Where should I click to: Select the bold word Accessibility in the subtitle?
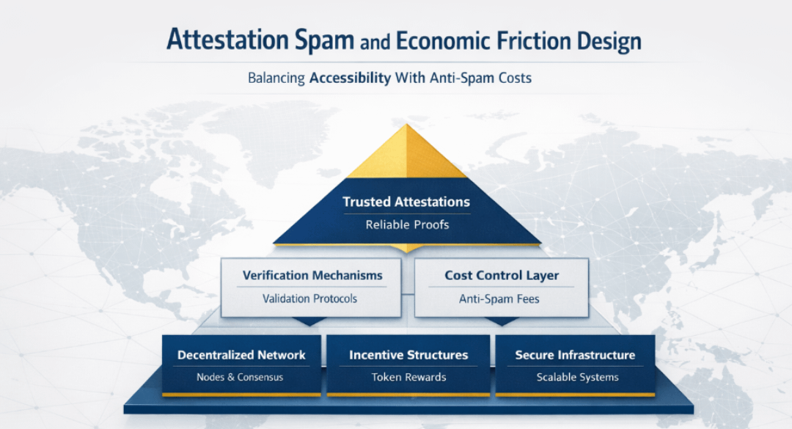click(x=350, y=78)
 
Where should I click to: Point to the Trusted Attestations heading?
click(x=406, y=201)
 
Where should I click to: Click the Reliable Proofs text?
click(x=407, y=224)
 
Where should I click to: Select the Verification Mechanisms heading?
click(x=312, y=276)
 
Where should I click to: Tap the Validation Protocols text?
click(x=309, y=298)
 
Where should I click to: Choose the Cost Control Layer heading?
click(x=502, y=276)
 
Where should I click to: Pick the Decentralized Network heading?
click(x=241, y=355)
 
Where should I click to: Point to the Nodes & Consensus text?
click(x=240, y=377)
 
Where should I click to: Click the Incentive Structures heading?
click(x=408, y=355)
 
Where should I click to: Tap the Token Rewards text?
click(x=408, y=377)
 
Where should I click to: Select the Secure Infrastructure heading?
click(x=575, y=355)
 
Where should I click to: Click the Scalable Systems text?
click(x=577, y=377)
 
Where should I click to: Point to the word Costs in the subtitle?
click(x=511, y=78)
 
